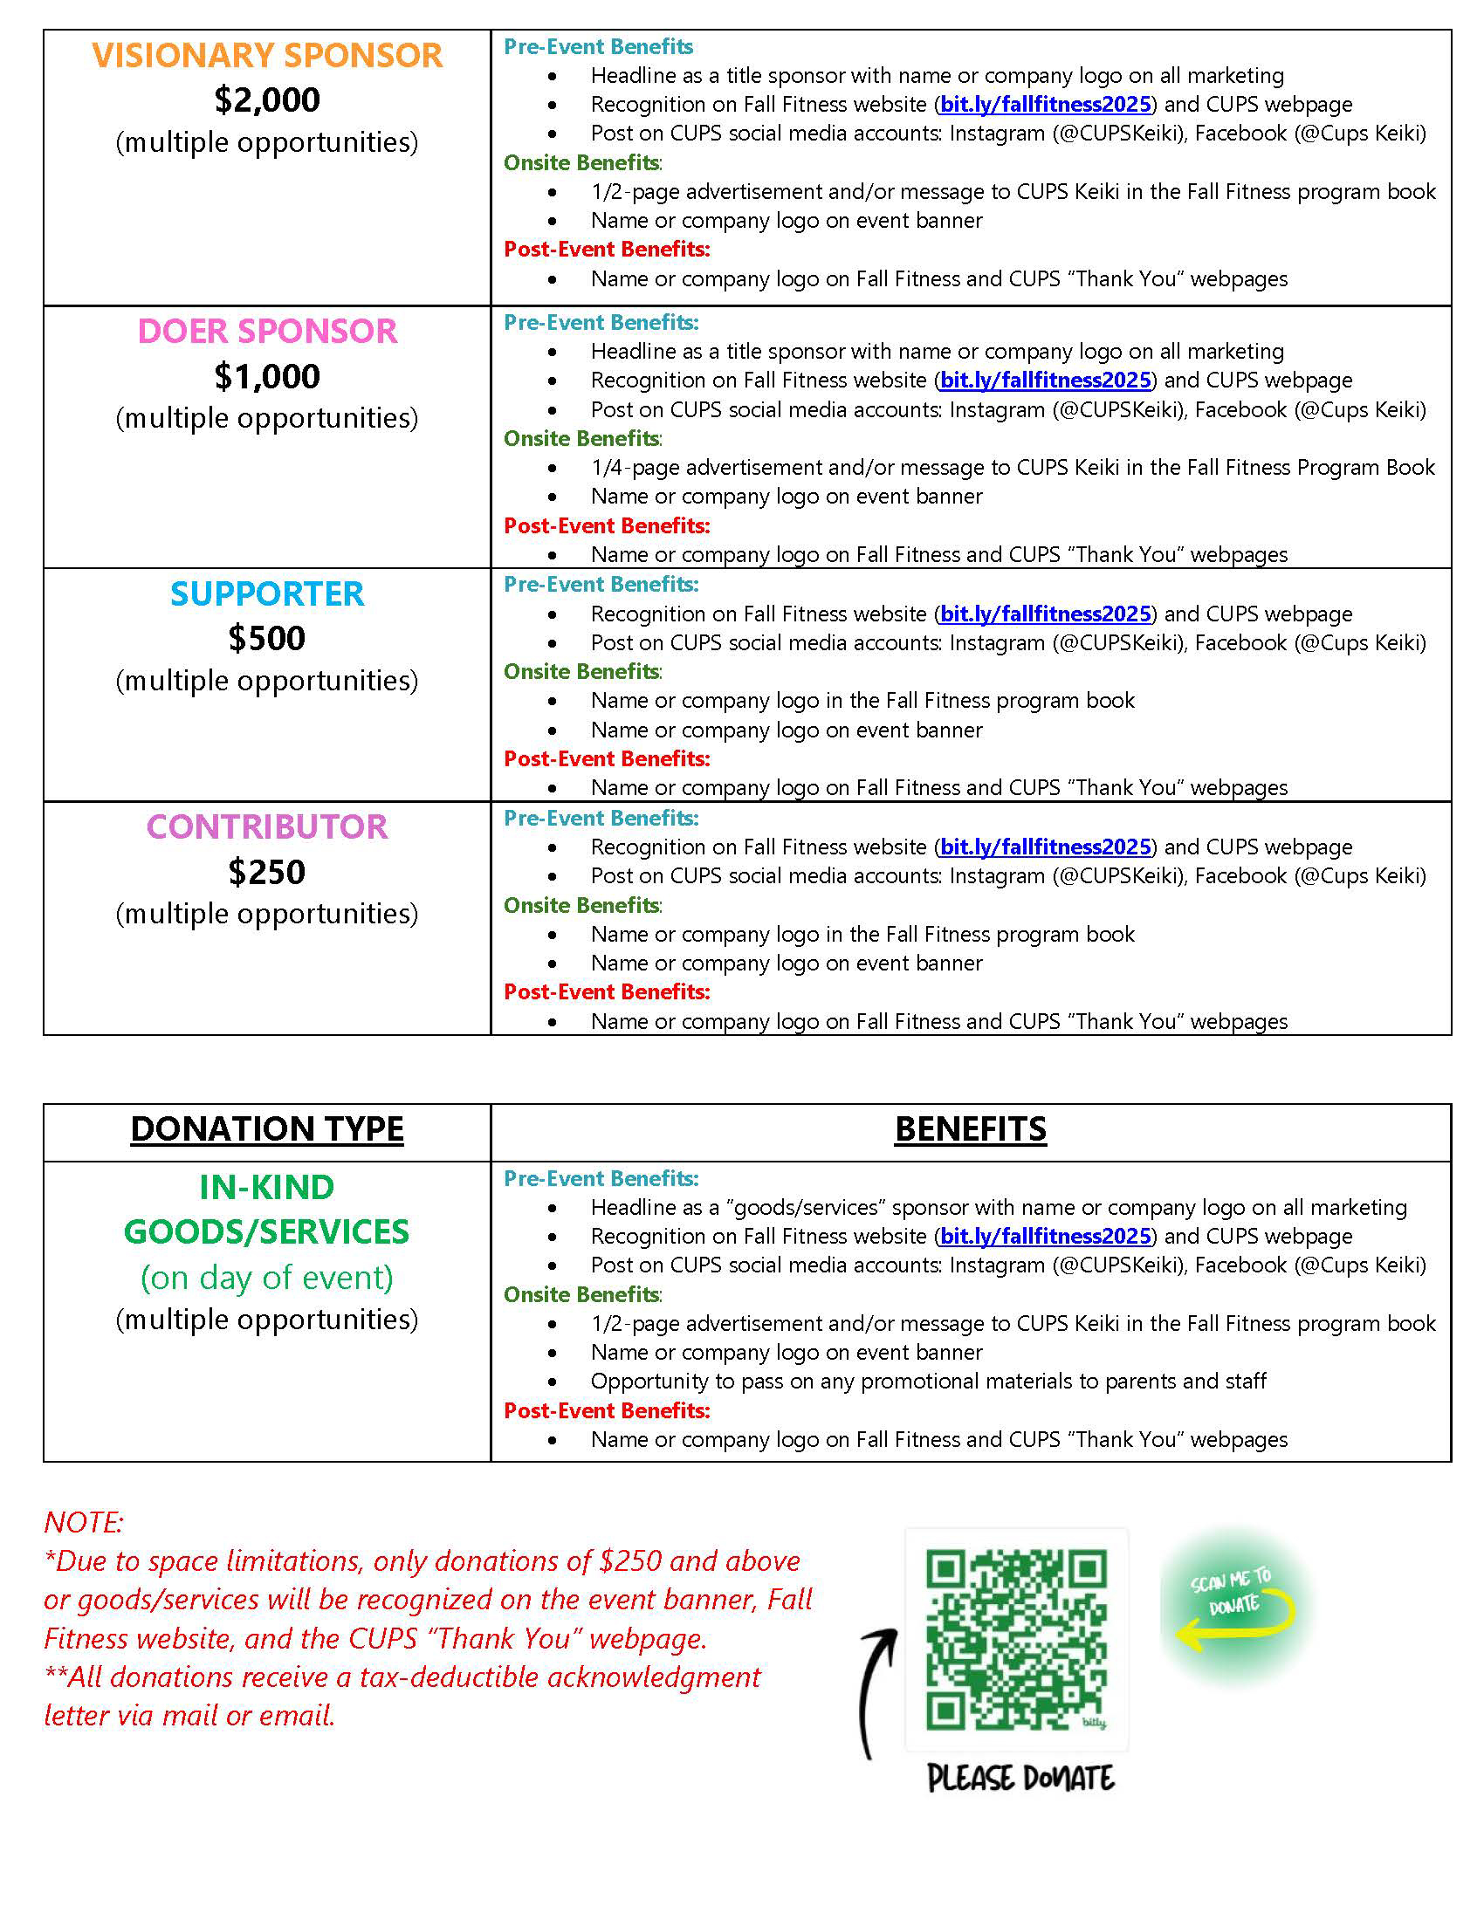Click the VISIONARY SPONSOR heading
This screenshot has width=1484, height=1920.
click(x=266, y=55)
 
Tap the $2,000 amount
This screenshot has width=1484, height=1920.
click(x=266, y=99)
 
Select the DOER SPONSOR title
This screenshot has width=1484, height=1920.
click(x=266, y=332)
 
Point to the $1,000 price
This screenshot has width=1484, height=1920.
click(x=266, y=376)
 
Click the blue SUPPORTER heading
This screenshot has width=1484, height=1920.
click(x=266, y=594)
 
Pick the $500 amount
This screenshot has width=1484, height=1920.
click(x=266, y=638)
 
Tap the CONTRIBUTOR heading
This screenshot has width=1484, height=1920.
click(x=266, y=827)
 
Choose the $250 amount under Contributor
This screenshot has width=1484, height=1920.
click(x=266, y=872)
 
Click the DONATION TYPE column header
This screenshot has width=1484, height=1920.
click(x=266, y=1128)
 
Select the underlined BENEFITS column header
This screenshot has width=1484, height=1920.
click(x=970, y=1128)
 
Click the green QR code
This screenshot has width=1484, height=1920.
click(x=1015, y=1641)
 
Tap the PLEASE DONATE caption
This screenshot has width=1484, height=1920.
click(x=1020, y=1778)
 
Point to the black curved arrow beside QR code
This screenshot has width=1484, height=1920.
click(x=876, y=1692)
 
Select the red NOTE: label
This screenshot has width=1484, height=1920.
click(x=84, y=1522)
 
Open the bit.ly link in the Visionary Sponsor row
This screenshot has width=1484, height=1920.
click(x=1045, y=105)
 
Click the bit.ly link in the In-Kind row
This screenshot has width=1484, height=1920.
click(x=1045, y=1236)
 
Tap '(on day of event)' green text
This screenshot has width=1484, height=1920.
click(x=266, y=1277)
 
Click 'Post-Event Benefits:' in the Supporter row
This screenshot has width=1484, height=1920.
click(x=607, y=758)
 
